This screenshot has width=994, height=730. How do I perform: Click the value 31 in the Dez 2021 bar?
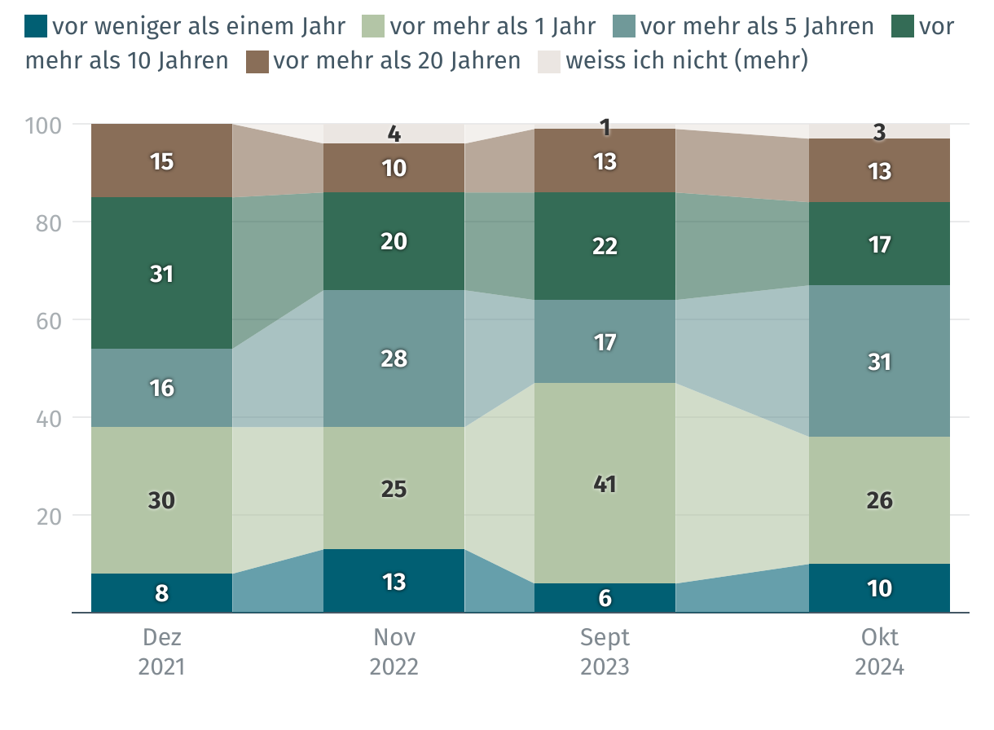click(x=161, y=275)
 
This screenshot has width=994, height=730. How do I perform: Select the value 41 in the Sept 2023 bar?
click(x=605, y=485)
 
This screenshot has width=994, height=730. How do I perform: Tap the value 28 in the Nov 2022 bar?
click(x=394, y=358)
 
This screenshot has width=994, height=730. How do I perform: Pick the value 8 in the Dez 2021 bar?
click(x=161, y=593)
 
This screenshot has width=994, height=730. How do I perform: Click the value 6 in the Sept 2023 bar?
click(x=605, y=598)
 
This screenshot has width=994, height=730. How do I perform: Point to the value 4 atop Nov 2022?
click(x=394, y=133)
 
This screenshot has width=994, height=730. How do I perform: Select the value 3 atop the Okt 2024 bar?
click(x=879, y=132)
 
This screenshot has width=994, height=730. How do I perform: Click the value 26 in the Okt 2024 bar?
click(x=879, y=500)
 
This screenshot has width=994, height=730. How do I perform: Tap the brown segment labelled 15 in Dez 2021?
click(x=161, y=161)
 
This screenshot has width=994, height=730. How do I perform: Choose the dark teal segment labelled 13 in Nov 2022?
click(x=394, y=582)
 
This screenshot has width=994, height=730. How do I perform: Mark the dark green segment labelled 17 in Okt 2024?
click(x=879, y=244)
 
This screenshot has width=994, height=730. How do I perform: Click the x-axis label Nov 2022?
click(x=394, y=652)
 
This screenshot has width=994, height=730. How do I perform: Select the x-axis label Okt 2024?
click(x=879, y=652)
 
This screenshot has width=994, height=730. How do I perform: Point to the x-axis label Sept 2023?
click(x=605, y=652)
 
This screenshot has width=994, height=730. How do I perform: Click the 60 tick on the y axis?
click(x=51, y=320)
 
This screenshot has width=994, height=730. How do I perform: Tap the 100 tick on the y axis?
click(x=45, y=125)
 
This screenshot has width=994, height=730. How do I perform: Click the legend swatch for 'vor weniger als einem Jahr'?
click(x=37, y=26)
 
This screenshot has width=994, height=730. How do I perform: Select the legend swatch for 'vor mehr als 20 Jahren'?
click(x=257, y=61)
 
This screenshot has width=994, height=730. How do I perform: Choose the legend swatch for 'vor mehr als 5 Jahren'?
click(x=624, y=26)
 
